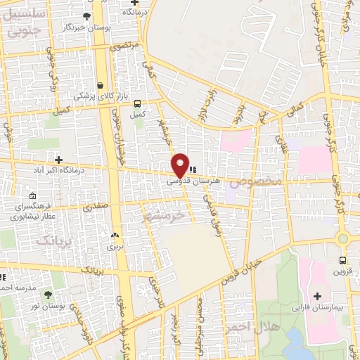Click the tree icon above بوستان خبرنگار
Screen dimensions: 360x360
[x=86, y=16]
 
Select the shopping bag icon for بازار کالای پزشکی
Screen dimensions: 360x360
[x=100, y=84]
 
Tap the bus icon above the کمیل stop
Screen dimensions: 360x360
[x=137, y=102]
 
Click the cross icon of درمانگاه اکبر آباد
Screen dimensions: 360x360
[x=58, y=160]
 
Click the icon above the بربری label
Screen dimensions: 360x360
[x=115, y=236]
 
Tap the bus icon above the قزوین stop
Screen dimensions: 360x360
[x=342, y=259]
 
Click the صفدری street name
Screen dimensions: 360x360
[x=96, y=207]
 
